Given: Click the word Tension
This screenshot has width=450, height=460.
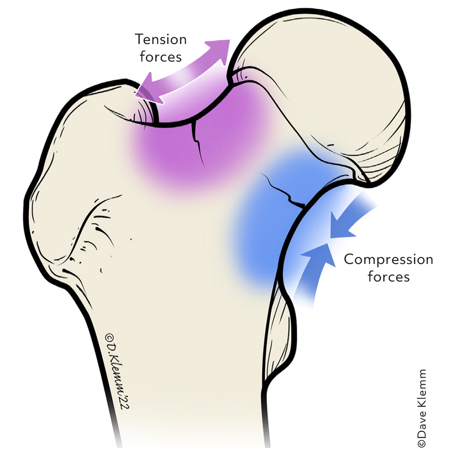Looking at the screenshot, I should (x=161, y=40).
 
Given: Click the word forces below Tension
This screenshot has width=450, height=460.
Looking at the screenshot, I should (x=161, y=57).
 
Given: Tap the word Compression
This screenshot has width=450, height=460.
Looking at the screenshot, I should (x=388, y=259).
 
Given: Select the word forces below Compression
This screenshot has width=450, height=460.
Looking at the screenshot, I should (x=388, y=276).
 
